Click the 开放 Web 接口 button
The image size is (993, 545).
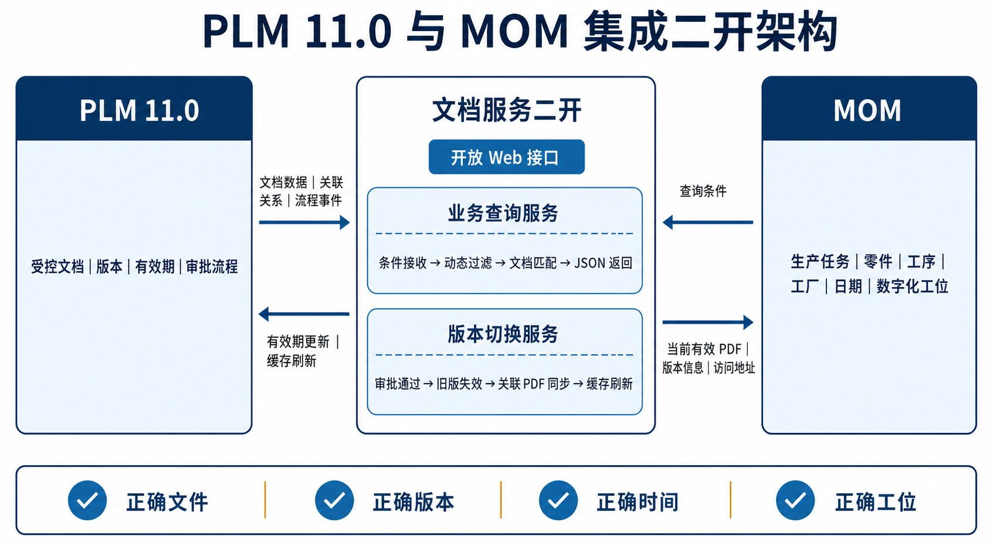(506, 157)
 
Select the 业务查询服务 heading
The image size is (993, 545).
(503, 214)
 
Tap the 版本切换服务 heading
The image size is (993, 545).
(503, 334)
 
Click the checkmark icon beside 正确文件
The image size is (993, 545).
(87, 500)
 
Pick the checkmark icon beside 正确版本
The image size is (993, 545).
(334, 500)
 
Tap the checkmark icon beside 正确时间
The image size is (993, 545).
(558, 500)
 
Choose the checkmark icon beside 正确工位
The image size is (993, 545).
(795, 500)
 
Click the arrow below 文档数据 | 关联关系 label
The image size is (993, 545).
(304, 222)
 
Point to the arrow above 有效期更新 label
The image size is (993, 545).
(304, 314)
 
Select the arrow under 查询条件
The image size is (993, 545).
(708, 222)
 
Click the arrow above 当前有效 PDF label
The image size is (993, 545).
(708, 323)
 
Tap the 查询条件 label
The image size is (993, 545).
(703, 191)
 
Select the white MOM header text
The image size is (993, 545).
(867, 110)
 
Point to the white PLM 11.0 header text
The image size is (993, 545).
(139, 110)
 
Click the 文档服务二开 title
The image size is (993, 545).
(506, 110)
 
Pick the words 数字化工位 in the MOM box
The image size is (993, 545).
(912, 286)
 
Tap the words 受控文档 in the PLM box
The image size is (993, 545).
(57, 267)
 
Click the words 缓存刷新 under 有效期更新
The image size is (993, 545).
(292, 361)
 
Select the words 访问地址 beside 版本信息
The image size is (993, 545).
(734, 368)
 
